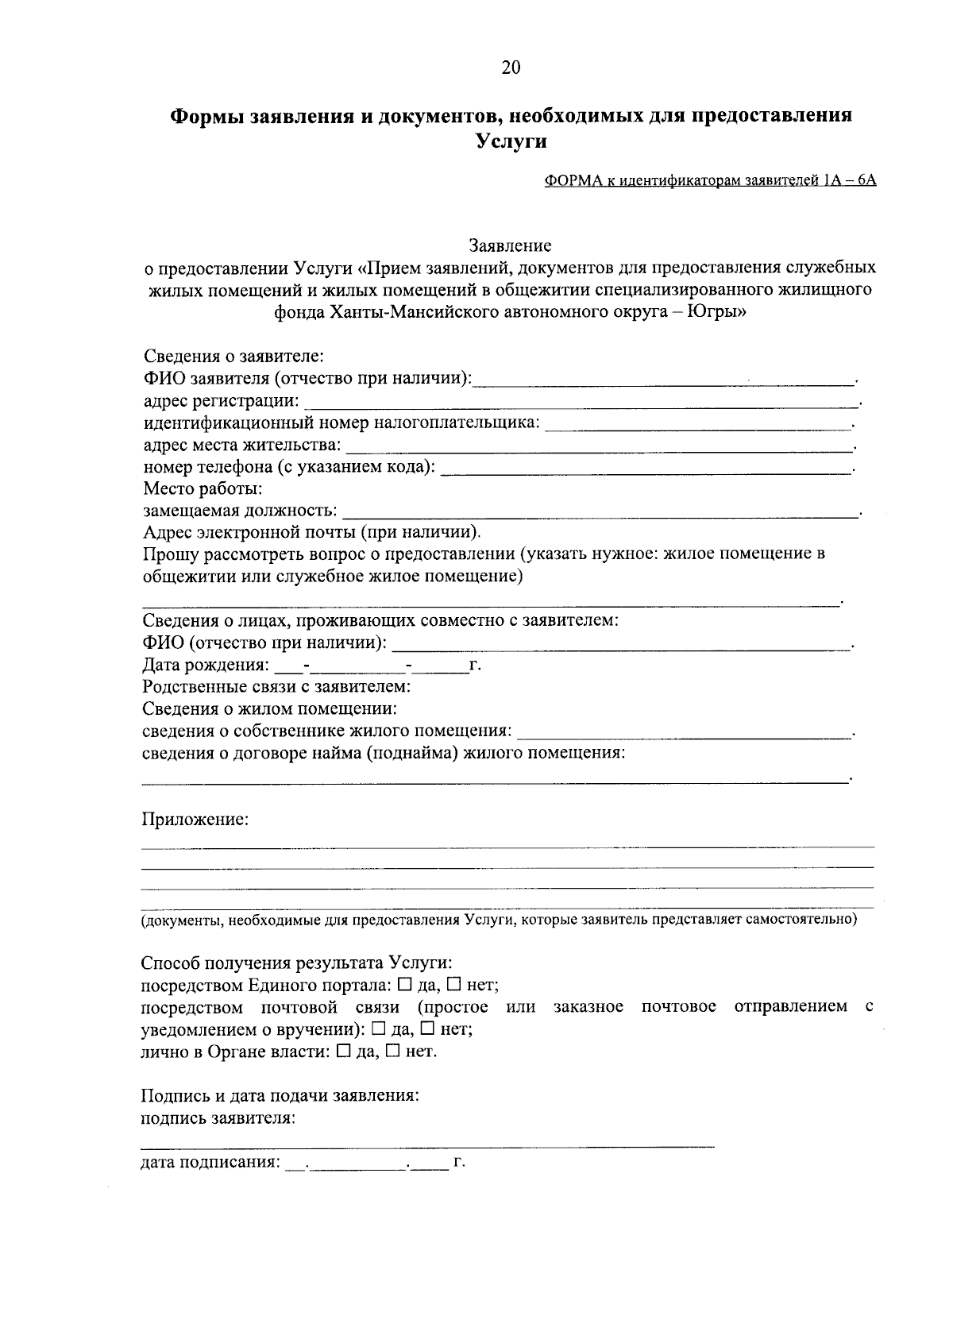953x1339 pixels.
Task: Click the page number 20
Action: coord(511,68)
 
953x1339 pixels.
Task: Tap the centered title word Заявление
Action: coord(510,245)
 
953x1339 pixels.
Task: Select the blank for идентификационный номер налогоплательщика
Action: coord(699,426)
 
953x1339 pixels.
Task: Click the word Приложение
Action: coord(195,820)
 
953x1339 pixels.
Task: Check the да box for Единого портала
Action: coord(404,986)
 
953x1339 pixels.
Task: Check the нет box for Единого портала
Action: coord(454,986)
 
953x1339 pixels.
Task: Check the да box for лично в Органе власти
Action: coord(343,1052)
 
